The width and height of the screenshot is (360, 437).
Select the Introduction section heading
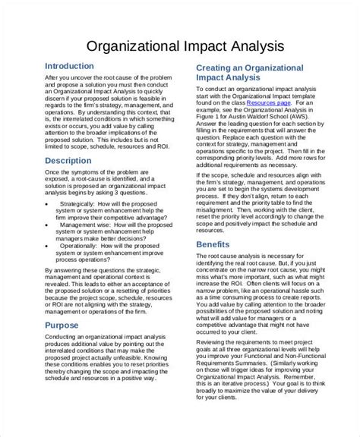74,66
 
